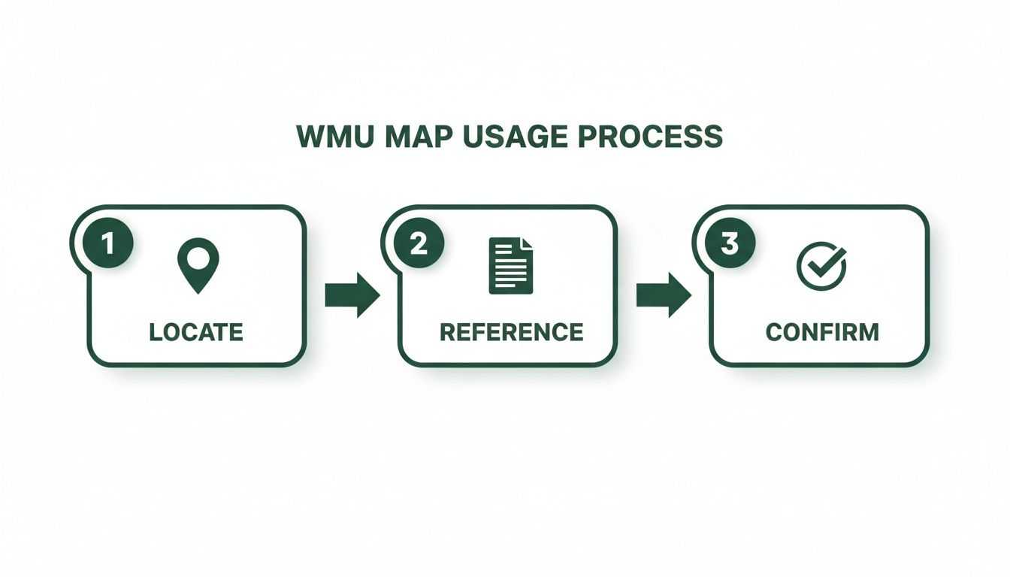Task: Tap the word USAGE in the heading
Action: [x=509, y=137]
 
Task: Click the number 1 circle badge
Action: [x=108, y=245]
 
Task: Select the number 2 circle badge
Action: [x=419, y=245]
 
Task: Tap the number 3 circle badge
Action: [x=730, y=245]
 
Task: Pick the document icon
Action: [x=510, y=265]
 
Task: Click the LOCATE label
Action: [x=196, y=331]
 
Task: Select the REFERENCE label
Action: [x=511, y=331]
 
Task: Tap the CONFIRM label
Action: [x=822, y=331]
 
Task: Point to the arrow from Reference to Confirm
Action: [x=663, y=295]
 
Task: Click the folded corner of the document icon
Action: [x=526, y=243]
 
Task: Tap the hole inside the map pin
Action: [x=197, y=258]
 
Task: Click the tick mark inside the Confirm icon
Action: [x=824, y=263]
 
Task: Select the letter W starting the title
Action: [x=309, y=137]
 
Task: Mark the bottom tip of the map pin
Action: [x=197, y=292]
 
